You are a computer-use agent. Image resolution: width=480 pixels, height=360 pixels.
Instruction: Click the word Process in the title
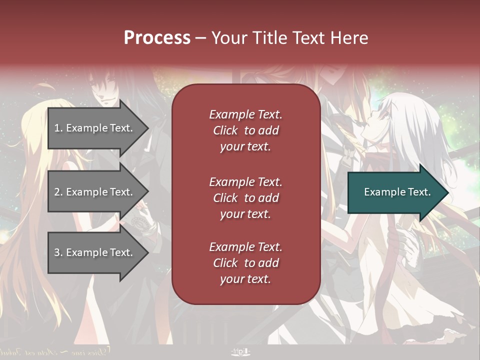pos(157,38)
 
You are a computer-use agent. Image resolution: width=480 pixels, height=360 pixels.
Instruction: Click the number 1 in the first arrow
pos(56,128)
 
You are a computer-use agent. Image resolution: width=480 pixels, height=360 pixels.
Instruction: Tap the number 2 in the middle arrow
pos(56,192)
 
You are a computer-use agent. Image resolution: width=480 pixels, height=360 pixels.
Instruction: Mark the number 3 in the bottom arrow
pos(56,252)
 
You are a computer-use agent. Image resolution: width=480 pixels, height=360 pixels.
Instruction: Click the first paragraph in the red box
pos(245,130)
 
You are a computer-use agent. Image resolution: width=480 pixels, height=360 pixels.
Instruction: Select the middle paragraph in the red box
pos(245,197)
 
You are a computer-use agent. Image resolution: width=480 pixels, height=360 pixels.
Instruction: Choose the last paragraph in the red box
pos(245,263)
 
